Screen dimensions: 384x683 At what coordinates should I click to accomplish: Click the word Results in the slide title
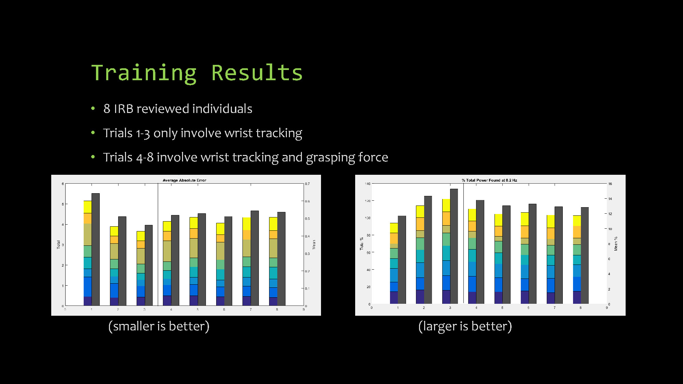tap(257, 73)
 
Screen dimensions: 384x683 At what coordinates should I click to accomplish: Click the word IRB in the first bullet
tap(123, 109)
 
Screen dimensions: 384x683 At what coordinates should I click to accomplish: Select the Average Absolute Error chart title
tap(184, 180)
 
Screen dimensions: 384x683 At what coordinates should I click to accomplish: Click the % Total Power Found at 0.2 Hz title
tap(489, 180)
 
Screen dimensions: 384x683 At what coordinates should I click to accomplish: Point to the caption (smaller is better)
tap(159, 326)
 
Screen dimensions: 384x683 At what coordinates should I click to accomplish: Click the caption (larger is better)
tap(465, 326)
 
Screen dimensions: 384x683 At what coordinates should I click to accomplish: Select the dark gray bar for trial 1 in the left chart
tap(96, 249)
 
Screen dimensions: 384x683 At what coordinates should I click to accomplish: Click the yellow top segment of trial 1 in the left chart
tap(87, 207)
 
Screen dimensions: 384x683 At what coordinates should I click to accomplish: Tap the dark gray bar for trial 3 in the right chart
tap(454, 246)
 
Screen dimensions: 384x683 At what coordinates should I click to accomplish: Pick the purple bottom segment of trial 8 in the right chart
tap(577, 297)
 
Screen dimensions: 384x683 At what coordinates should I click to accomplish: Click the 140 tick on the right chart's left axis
tap(367, 184)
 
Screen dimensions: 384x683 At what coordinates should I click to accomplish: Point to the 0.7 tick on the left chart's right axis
tap(307, 184)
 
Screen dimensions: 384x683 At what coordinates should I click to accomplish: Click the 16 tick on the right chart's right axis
tap(610, 184)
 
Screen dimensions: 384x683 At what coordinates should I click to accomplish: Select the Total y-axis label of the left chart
tap(58, 244)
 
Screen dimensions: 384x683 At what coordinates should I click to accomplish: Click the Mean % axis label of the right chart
tap(616, 244)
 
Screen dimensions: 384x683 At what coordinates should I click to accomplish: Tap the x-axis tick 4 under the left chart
tap(171, 309)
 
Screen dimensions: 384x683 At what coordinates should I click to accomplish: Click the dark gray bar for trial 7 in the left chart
tap(255, 258)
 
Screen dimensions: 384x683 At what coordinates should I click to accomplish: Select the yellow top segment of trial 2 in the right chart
tap(420, 211)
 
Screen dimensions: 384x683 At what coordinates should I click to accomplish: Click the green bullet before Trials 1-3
tap(93, 133)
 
